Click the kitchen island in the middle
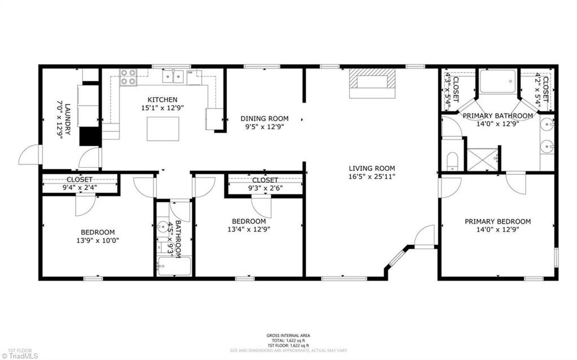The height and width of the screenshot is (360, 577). pyautogui.click(x=163, y=129)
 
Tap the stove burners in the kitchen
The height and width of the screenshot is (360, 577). pyautogui.click(x=128, y=77)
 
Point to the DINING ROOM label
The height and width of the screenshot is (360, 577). pyautogui.click(x=265, y=118)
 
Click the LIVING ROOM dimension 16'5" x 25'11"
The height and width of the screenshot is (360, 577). pyautogui.click(x=372, y=176)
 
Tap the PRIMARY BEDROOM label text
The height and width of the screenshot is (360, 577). pyautogui.click(x=497, y=222)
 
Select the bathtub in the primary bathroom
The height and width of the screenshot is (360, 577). pyautogui.click(x=497, y=81)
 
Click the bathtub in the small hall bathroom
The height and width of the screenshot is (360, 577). pyautogui.click(x=174, y=266)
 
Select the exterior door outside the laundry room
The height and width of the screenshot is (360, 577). pyautogui.click(x=29, y=155)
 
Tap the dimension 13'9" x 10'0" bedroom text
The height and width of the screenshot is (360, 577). pyautogui.click(x=98, y=240)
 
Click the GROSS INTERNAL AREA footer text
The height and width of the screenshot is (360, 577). pyautogui.click(x=288, y=336)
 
